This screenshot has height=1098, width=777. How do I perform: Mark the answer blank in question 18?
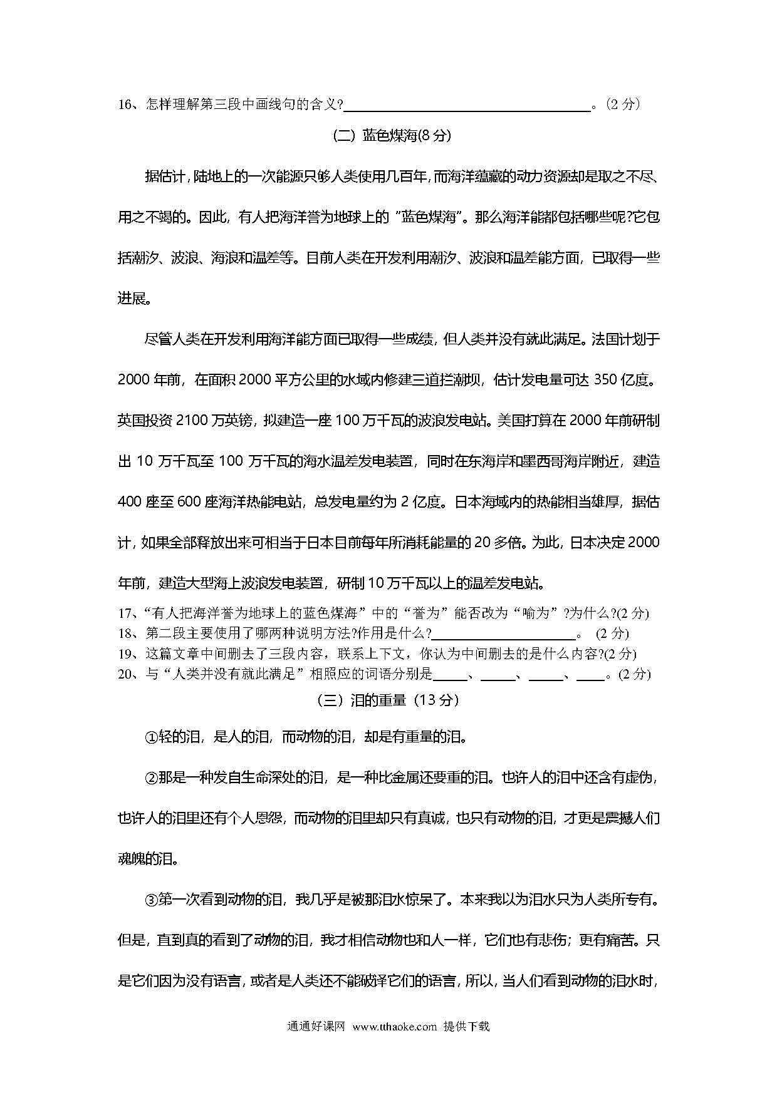pyautogui.click(x=504, y=634)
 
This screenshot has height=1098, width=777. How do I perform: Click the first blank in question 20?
pyautogui.click(x=450, y=675)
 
